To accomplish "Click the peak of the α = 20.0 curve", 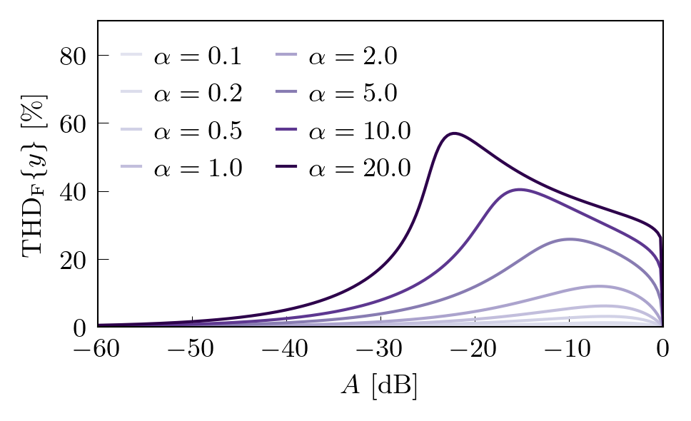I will [x=453, y=133].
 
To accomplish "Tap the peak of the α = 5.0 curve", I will [x=569, y=239].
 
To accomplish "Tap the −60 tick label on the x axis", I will [x=98, y=350].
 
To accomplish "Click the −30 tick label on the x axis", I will [x=380, y=350].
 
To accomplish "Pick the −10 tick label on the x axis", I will [x=569, y=350].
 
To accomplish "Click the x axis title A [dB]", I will [x=379, y=386].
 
